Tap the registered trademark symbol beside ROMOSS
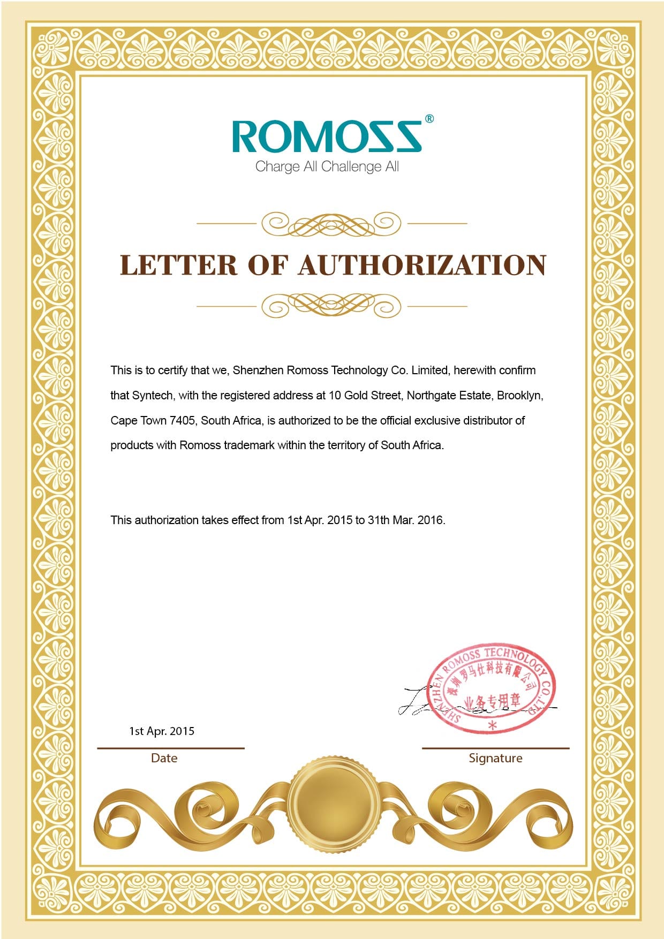[429, 119]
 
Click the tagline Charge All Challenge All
[327, 166]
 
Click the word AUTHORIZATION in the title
[422, 266]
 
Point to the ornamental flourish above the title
[331, 224]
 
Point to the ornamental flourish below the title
[331, 306]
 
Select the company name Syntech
[152, 396]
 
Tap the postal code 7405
[182, 421]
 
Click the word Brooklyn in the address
[519, 396]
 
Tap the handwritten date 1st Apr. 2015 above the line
[162, 731]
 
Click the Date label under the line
[164, 758]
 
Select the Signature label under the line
[495, 758]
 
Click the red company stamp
[493, 688]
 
